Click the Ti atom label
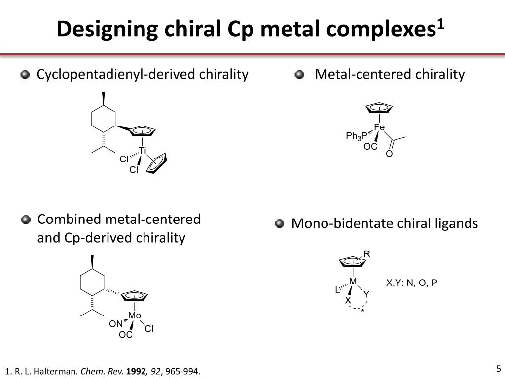tap(143, 150)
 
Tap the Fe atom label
tap(379, 127)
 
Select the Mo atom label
tap(135, 315)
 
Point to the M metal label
tap(353, 281)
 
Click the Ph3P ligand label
tap(357, 136)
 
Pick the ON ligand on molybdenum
tap(116, 324)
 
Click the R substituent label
tap(367, 254)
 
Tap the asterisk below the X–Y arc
tap(362, 312)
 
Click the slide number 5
tap(498, 368)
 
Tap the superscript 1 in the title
tap(440, 24)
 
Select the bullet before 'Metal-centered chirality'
tap(299, 75)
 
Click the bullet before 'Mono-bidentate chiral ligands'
tap(280, 224)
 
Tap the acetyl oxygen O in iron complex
tap(389, 154)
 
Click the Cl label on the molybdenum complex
tap(149, 329)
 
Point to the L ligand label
tap(337, 290)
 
